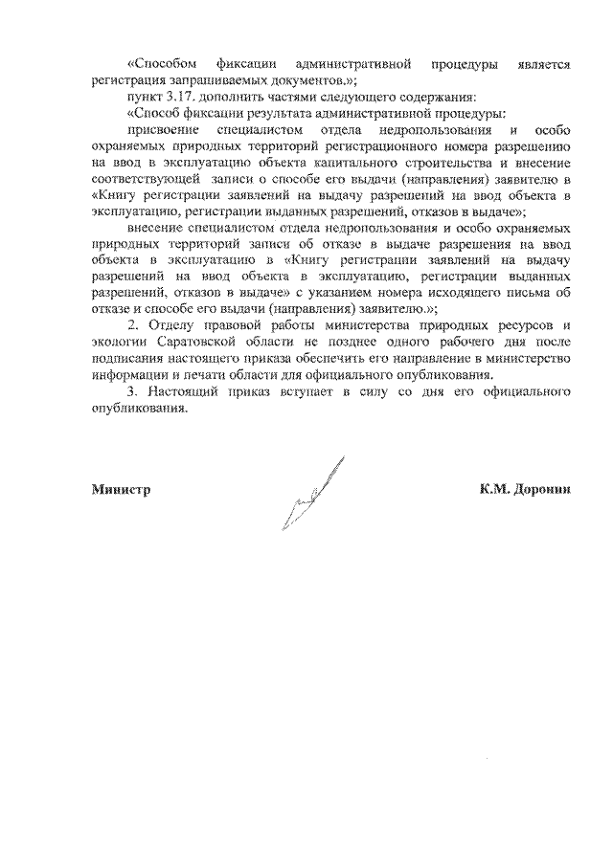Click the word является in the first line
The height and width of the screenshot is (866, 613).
542,64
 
